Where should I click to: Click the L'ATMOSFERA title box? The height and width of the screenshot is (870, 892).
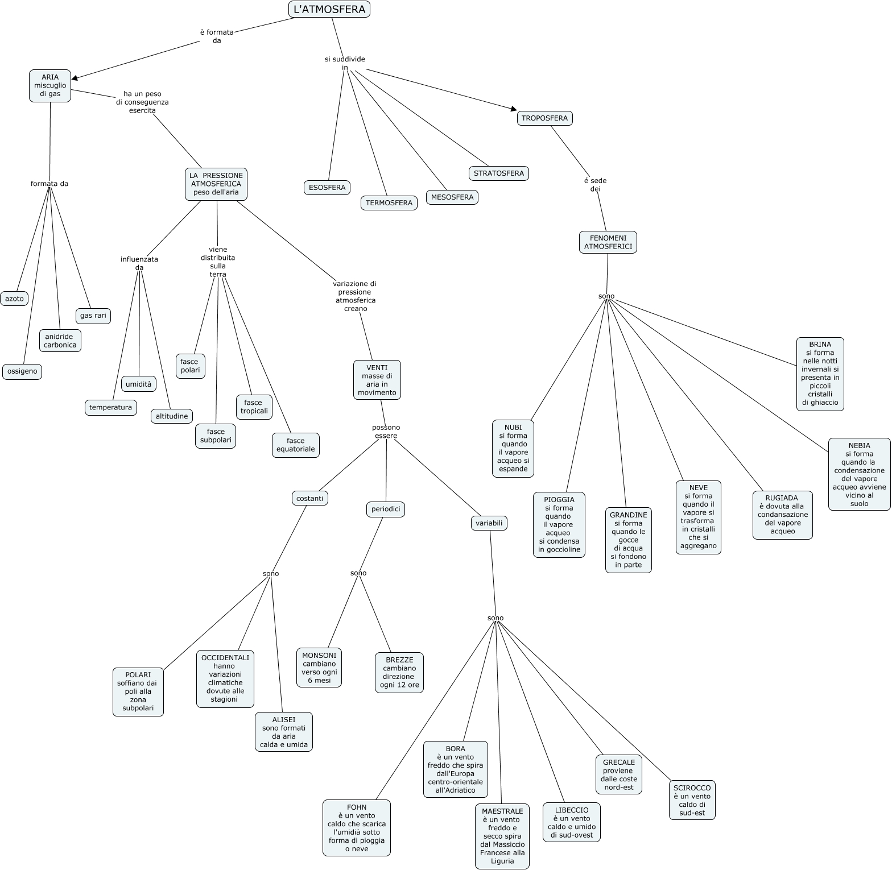(329, 9)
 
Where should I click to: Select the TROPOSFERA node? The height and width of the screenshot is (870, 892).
(544, 118)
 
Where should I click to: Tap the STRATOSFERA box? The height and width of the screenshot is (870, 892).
(498, 173)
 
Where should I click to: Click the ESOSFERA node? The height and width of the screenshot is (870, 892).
(327, 188)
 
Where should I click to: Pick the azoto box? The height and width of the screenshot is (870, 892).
(14, 299)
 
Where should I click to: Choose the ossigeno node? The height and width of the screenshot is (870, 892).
(22, 372)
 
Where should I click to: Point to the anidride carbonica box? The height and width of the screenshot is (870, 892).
(60, 341)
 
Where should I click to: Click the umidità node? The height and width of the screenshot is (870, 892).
(138, 384)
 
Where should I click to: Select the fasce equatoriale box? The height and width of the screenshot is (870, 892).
(295, 445)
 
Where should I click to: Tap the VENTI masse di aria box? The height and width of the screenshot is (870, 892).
(377, 380)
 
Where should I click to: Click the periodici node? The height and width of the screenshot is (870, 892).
(385, 509)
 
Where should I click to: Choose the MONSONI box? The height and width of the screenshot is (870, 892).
(319, 668)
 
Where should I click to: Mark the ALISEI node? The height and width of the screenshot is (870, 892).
(283, 732)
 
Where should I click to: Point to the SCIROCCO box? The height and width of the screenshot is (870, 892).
(692, 800)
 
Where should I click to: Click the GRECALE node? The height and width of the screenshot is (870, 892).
(618, 774)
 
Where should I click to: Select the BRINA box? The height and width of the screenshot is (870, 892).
(820, 374)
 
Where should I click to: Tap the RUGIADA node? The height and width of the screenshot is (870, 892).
(782, 515)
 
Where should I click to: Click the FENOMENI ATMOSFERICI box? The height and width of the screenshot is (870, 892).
(608, 242)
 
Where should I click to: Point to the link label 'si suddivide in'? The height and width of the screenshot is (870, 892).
(345, 63)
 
